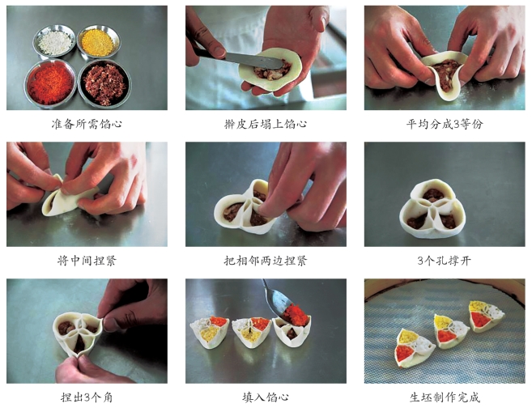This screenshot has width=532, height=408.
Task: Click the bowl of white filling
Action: coord(54,42)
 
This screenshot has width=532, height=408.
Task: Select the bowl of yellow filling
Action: coord(99,42)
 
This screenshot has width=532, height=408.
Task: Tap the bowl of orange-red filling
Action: coord(50,83)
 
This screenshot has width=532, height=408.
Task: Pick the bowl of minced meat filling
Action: coord(104,83)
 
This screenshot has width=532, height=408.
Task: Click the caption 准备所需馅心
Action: coord(87,124)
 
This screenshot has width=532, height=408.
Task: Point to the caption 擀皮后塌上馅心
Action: coord(266,124)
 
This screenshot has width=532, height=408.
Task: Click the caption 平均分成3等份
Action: coord(444,124)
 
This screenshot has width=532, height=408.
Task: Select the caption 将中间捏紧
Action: coord(87,261)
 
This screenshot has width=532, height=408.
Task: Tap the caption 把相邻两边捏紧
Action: coord(266,261)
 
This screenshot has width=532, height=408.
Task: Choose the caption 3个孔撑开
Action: coord(444,261)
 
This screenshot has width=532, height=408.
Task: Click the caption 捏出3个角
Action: coord(87,397)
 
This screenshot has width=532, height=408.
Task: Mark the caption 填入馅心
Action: coord(266,397)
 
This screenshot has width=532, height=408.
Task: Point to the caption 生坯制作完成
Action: coord(444,397)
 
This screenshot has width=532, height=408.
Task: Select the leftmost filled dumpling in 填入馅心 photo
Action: coord(210,333)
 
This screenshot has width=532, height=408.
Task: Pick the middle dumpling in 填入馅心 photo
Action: coord(251,333)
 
